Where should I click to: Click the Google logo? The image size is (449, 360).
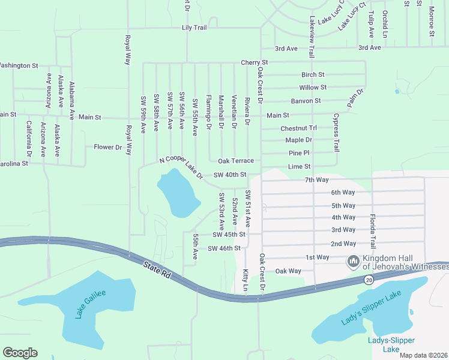[20, 353]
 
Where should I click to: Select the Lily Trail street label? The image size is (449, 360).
[194, 28]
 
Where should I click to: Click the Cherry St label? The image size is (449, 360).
[254, 62]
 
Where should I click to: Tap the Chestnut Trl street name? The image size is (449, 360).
[298, 128]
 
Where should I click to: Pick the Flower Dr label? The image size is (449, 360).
[107, 147]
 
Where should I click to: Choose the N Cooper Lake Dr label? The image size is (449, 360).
[181, 167]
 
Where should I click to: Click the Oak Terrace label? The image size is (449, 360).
[235, 161]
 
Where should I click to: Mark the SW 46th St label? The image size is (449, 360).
[224, 248]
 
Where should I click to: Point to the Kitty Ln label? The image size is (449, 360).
[246, 280]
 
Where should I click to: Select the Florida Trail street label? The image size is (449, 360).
[373, 231]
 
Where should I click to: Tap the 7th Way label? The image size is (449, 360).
[316, 180]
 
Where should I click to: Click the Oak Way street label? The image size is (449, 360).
[288, 271]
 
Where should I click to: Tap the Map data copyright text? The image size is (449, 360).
[424, 355]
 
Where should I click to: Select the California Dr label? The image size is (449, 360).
[28, 135]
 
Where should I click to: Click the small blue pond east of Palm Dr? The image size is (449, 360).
[397, 92]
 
